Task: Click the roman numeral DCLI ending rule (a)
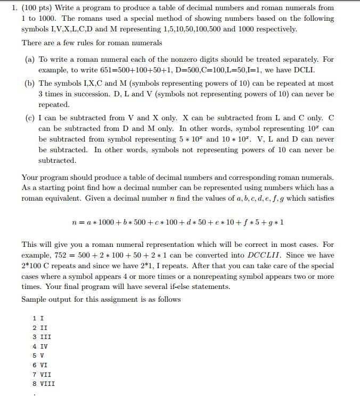point(304,70)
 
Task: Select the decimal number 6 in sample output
point(35,364)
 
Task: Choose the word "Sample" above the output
point(35,299)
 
